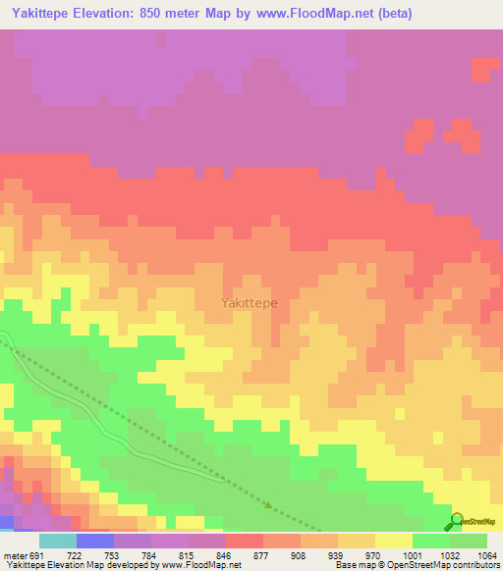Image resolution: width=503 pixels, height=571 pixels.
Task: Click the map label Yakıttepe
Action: (x=249, y=303)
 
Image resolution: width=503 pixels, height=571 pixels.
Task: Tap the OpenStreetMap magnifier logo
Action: (x=456, y=520)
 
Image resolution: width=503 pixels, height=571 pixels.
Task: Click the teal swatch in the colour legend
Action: (x=57, y=541)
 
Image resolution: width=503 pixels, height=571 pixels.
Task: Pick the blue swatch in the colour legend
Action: (x=94, y=541)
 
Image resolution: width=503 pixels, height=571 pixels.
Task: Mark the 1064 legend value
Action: (x=484, y=555)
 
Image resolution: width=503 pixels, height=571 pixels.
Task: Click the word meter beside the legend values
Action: (x=17, y=555)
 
